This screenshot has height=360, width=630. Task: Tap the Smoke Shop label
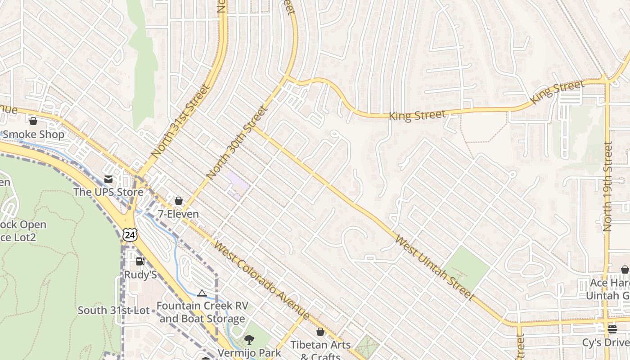coord(34,134)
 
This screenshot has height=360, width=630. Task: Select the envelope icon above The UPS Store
coord(108,179)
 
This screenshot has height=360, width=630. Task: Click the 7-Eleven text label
coord(178,214)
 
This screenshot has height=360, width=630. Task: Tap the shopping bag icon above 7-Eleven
coord(179,201)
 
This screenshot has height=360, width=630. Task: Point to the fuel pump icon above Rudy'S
coord(140,261)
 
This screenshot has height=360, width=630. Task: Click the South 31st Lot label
coord(113,310)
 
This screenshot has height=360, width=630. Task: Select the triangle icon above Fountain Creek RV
coord(202,293)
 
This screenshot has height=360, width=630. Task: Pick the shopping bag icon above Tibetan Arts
coord(320,332)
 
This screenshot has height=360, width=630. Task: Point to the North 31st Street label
coord(181,121)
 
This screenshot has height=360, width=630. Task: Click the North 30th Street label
coord(237,142)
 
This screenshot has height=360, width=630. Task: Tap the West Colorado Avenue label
coord(261,280)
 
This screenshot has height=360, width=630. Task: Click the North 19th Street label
coord(608,186)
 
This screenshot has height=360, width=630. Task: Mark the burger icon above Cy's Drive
coord(612,329)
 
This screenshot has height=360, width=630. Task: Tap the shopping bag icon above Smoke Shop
coord(33,121)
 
